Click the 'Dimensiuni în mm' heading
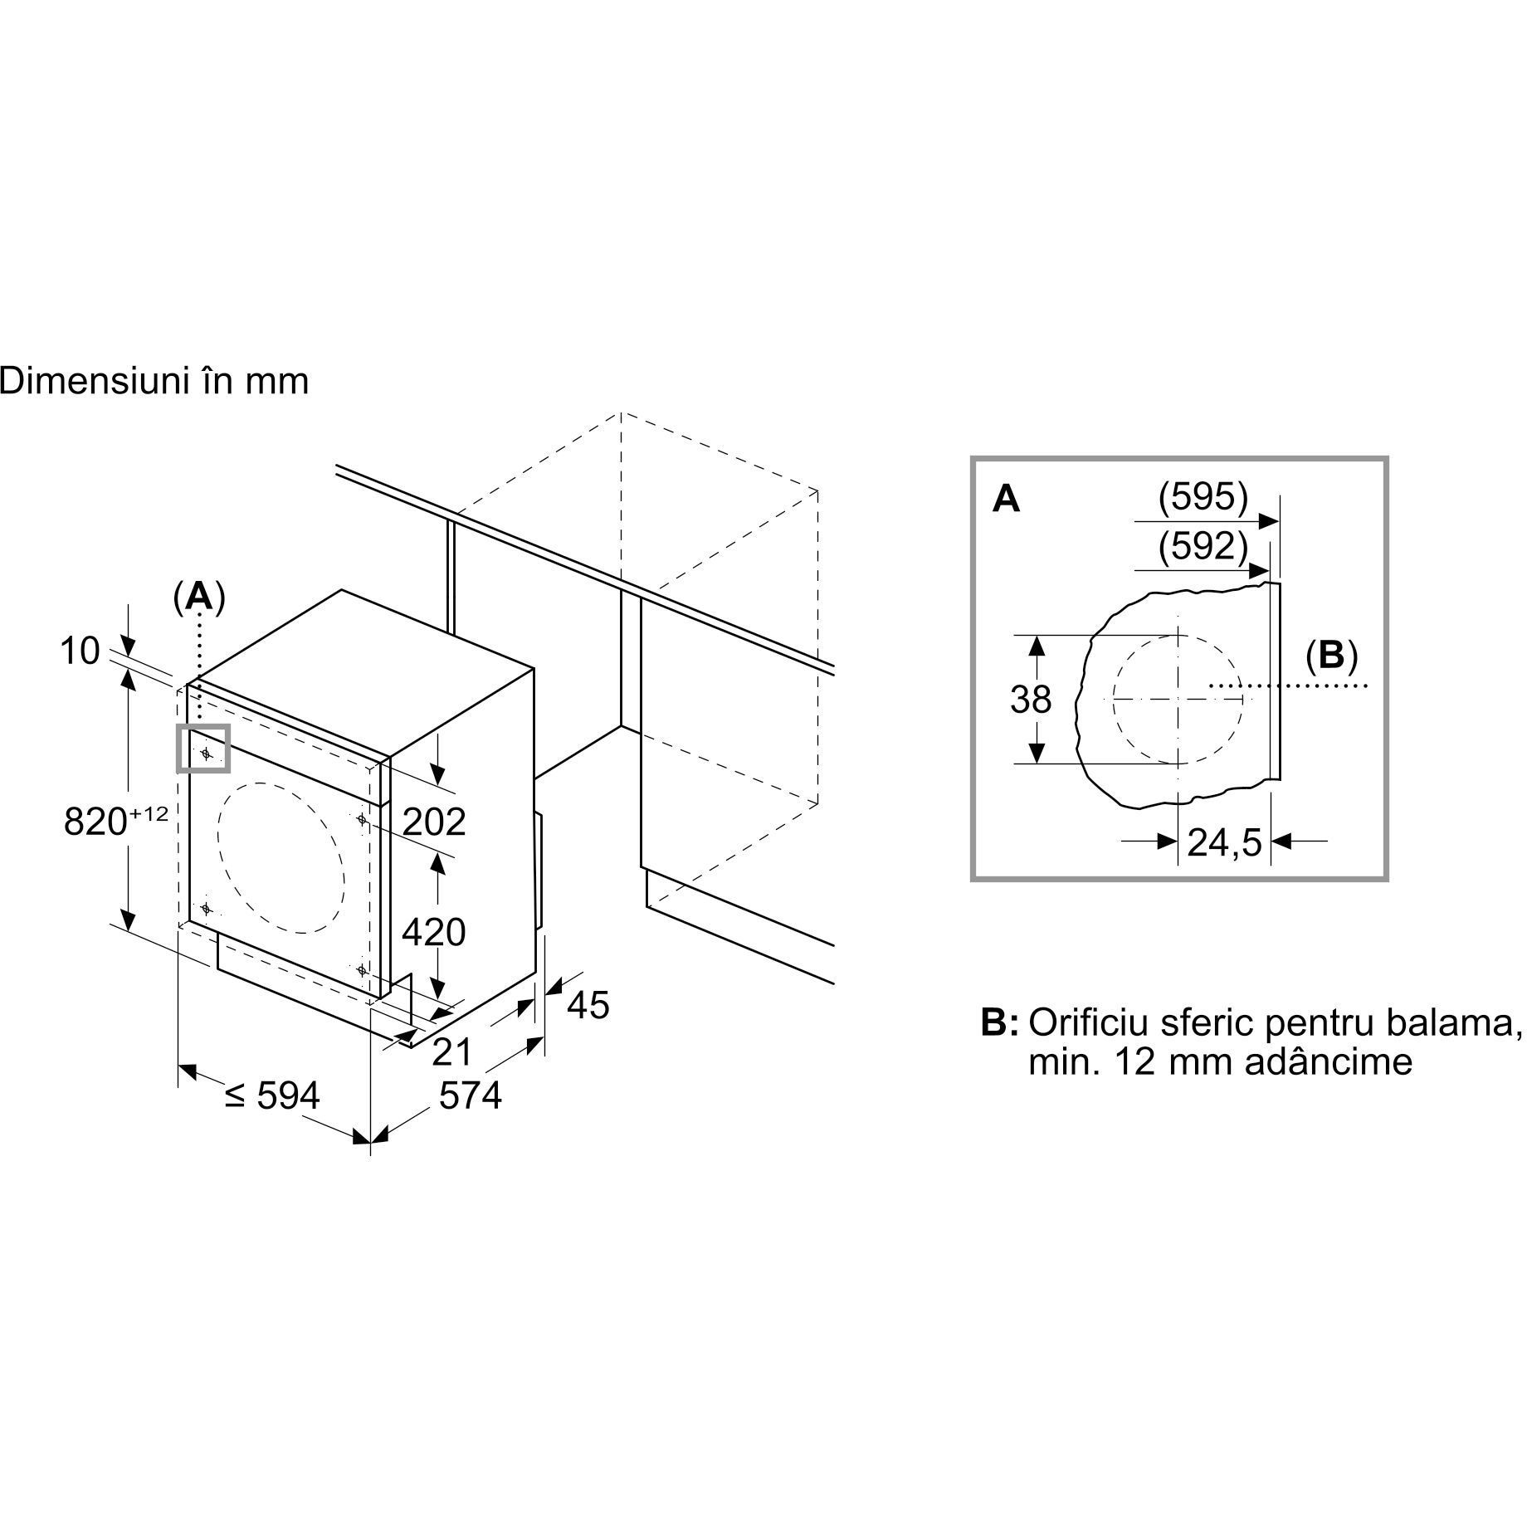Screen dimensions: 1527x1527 tap(154, 382)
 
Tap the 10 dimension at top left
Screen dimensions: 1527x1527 tap(80, 651)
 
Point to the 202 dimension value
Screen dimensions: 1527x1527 tap(434, 822)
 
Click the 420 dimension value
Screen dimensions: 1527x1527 tap(434, 932)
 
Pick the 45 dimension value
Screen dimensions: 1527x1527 tap(588, 1006)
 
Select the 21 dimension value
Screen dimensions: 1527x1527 tap(452, 1052)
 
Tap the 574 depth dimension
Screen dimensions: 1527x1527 tap(471, 1095)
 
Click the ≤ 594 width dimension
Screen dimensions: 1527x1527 tap(272, 1095)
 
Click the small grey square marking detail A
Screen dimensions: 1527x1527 tap(203, 749)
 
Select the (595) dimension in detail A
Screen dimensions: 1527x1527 tap(1203, 497)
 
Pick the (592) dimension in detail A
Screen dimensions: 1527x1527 tap(1203, 547)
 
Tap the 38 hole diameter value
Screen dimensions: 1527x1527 tap(1031, 700)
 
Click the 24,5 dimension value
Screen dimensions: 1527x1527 tap(1224, 843)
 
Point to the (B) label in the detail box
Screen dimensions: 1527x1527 tap(1331, 656)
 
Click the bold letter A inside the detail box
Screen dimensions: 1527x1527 tap(1007, 500)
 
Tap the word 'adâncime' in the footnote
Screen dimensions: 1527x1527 tap(1329, 1062)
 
